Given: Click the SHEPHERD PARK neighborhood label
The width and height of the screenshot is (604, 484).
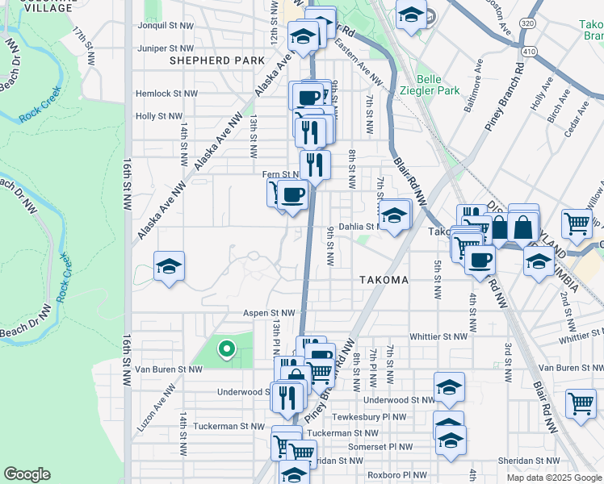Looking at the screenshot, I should coord(217,60).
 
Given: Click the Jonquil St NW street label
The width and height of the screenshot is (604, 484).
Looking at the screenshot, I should coord(166,26).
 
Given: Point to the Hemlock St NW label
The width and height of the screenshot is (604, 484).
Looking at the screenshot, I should coord(166,94).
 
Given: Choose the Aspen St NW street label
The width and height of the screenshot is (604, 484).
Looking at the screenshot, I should coord(270,312).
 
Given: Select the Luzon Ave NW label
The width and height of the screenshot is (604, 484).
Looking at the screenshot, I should coord(157,408).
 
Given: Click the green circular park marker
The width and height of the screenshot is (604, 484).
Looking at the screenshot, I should coord(227,349).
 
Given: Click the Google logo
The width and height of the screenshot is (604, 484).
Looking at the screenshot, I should coord(27,474).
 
